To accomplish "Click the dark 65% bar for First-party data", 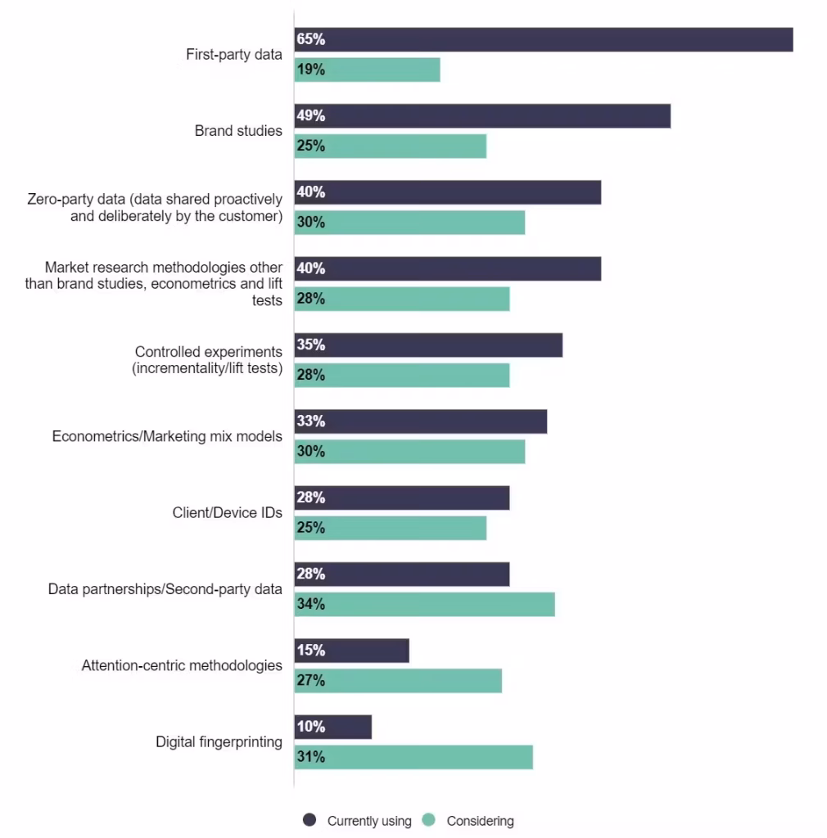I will [x=544, y=39].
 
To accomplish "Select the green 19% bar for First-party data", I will [x=368, y=70].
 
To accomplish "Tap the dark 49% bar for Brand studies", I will [x=482, y=116].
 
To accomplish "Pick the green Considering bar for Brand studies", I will [x=391, y=146].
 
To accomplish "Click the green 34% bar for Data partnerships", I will [x=425, y=604].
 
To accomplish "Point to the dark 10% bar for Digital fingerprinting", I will [x=333, y=727].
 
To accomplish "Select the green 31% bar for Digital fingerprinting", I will [x=413, y=757].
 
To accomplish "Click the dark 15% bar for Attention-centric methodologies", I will [x=352, y=651].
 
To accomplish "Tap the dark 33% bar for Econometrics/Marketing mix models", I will [x=421, y=421].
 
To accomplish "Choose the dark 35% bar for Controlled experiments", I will [x=428, y=345].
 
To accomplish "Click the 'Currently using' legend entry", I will [x=356, y=821].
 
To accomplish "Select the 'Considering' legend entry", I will [x=470, y=821].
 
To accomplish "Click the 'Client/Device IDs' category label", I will [x=227, y=513].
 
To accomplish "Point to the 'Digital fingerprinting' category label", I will [x=219, y=742].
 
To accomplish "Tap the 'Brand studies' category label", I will [x=238, y=131].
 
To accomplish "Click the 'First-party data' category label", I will [x=234, y=55].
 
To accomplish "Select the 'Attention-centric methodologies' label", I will [x=182, y=665].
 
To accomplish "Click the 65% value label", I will [x=311, y=39].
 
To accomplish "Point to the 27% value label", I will [x=311, y=681].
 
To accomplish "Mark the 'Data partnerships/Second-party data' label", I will [x=165, y=589].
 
